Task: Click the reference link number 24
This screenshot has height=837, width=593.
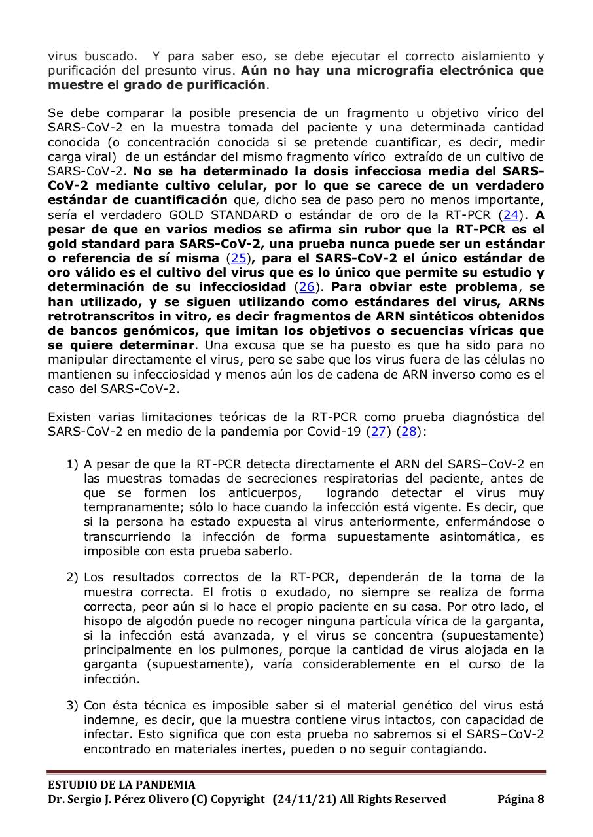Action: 511,214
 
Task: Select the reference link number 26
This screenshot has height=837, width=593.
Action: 305,286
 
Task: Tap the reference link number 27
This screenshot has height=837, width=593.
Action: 378,431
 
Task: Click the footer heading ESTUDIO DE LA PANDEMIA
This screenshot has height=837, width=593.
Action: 121,785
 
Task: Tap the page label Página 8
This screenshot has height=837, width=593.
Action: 521,799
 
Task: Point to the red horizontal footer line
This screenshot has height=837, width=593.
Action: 296,772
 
